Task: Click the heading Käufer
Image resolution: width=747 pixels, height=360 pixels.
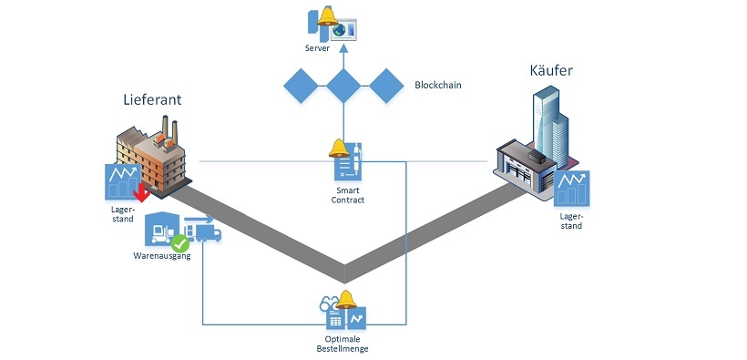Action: click(x=551, y=71)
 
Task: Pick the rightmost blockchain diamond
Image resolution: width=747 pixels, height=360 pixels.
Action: click(x=385, y=86)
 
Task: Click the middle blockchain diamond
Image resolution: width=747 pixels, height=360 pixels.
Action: click(x=344, y=86)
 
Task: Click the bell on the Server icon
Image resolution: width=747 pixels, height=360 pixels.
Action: click(x=327, y=15)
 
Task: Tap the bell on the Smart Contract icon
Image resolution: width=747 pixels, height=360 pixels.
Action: click(x=338, y=148)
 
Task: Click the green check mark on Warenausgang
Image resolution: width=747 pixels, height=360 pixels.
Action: click(x=181, y=243)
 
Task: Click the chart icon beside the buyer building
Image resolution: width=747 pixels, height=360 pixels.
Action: click(x=571, y=189)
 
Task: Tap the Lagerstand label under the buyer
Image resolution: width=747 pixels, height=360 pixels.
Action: click(x=571, y=221)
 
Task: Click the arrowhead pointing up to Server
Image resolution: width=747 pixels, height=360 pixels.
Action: click(x=344, y=49)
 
